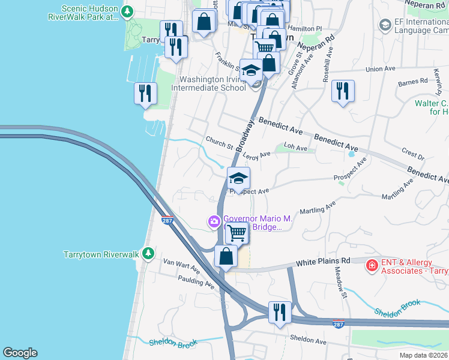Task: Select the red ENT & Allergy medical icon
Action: pos(372,265)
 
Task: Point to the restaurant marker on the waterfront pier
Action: pos(145,93)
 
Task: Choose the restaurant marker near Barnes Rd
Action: pos(343,91)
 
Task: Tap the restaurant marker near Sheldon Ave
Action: pos(279,312)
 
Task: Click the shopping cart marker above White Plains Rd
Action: pos(237,232)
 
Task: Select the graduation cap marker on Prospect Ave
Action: pos(238,178)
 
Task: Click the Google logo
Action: pos(20,353)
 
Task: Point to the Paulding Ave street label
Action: pos(196,281)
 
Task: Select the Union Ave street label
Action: pos(381,69)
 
